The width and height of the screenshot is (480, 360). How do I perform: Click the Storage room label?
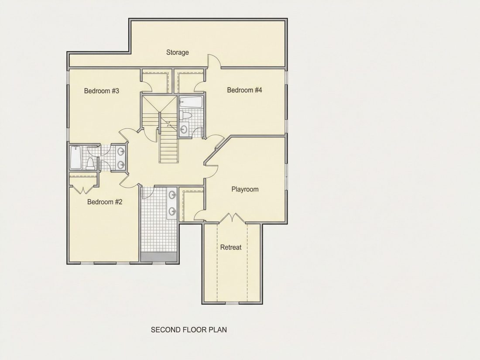coord(177,52)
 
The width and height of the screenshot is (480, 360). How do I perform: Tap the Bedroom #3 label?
coord(101,91)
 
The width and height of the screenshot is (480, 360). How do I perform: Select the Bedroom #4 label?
coord(244,90)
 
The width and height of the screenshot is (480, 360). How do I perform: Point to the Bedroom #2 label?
coord(105,202)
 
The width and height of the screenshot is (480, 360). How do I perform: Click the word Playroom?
coord(245,189)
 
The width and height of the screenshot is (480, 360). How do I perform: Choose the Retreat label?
coord(231,247)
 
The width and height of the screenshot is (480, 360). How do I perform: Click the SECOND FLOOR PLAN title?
coord(189,330)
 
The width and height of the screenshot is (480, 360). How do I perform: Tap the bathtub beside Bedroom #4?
coord(190,102)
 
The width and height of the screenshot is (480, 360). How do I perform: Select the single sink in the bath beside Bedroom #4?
coord(184,129)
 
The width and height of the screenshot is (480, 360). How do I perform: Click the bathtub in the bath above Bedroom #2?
coord(75,158)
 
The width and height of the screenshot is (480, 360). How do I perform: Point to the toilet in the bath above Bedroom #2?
coord(90,164)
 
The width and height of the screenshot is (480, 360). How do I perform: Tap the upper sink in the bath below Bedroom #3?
coord(121,151)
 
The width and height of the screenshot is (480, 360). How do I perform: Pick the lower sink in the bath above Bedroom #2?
coord(121,165)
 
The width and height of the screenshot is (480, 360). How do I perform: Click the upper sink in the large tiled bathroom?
coord(172,194)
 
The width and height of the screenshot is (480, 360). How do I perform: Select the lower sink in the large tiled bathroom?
coord(172,211)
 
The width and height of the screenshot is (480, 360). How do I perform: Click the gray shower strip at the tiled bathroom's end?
coord(158,257)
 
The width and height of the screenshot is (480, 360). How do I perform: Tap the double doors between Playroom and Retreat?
coord(233,218)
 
